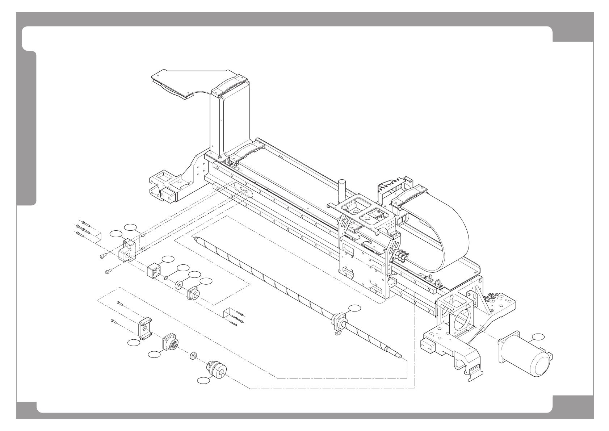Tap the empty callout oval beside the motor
(x=538, y=337)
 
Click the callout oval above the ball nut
(x=354, y=308)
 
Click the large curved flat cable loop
(x=438, y=232)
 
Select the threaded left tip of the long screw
(x=196, y=239)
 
